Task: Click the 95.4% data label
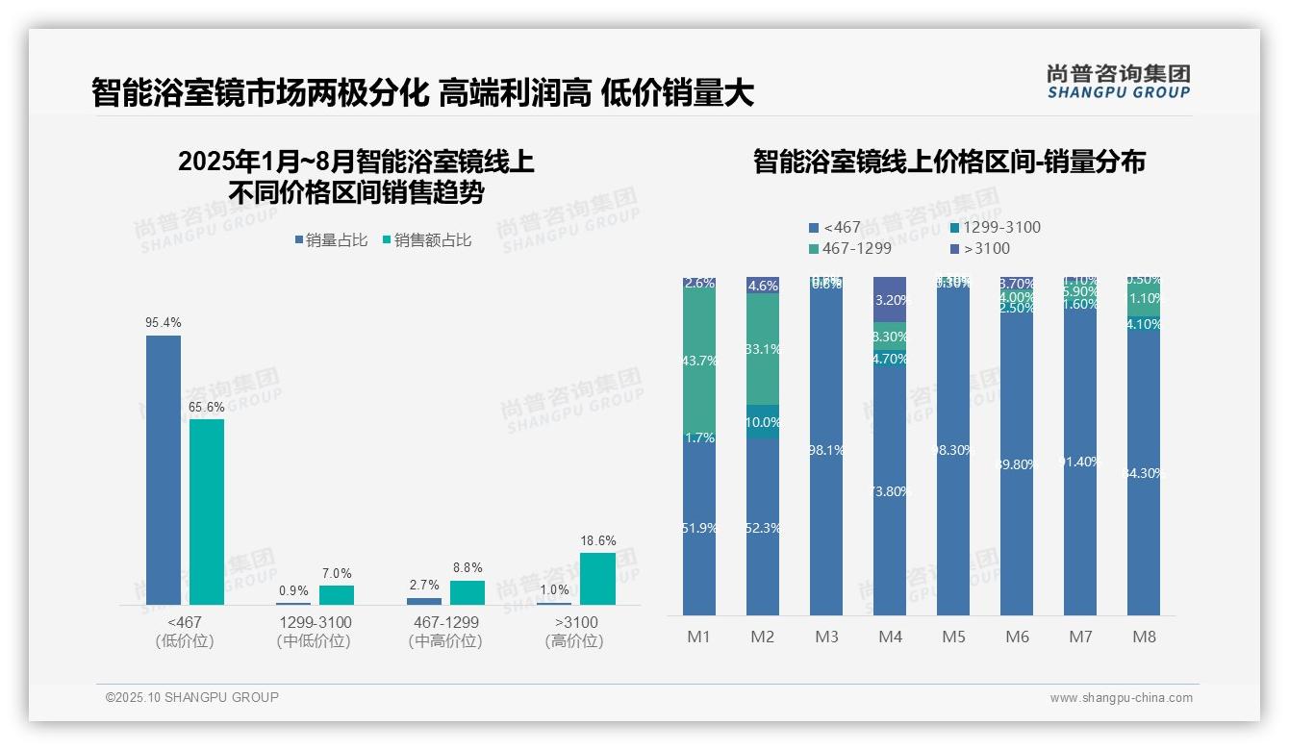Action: (164, 323)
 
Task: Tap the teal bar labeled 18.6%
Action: (597, 579)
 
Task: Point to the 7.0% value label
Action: (337, 574)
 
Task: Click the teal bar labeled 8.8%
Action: (468, 592)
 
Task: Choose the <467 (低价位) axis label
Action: (185, 632)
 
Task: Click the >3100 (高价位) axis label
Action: (574, 632)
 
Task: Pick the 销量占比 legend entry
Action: (331, 240)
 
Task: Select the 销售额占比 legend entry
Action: (427, 240)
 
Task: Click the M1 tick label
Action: (698, 637)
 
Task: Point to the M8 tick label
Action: (1144, 637)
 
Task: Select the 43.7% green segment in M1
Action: (699, 361)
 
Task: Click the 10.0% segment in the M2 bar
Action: (763, 422)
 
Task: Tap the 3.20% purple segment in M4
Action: (890, 299)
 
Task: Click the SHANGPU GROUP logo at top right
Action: (1118, 82)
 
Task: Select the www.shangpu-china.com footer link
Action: (1121, 698)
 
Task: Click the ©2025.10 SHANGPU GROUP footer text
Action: (192, 698)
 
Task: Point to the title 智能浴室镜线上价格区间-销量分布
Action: (948, 162)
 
